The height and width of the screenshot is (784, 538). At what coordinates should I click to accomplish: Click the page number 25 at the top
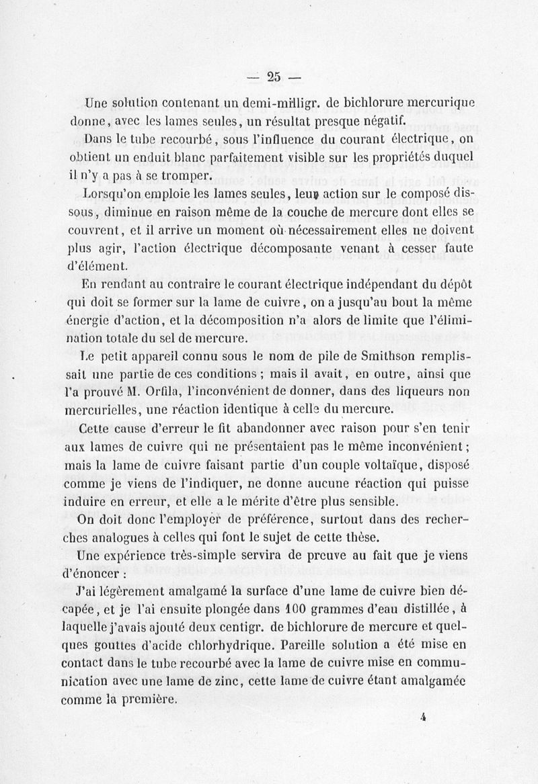pos(273,77)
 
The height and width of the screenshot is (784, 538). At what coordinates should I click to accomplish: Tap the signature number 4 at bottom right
pos(424,717)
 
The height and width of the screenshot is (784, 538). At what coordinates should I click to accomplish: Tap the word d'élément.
pos(93,265)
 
